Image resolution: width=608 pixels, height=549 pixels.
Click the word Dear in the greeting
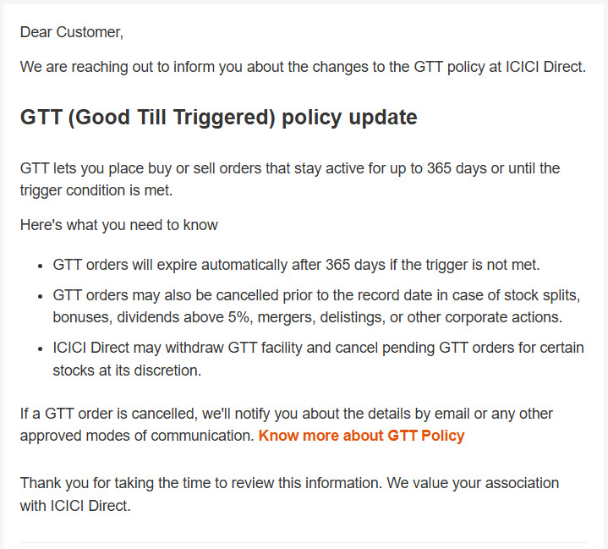pos(36,32)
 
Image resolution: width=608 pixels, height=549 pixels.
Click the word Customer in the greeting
pos(90,33)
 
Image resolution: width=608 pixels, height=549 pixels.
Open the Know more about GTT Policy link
pos(361,436)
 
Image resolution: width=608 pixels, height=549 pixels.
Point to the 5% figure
pos(238,317)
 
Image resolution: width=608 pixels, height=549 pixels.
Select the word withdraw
pos(194,348)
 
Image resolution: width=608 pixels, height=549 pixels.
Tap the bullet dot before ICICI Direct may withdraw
pos(41,349)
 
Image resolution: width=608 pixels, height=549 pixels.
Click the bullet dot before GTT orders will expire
pos(41,266)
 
